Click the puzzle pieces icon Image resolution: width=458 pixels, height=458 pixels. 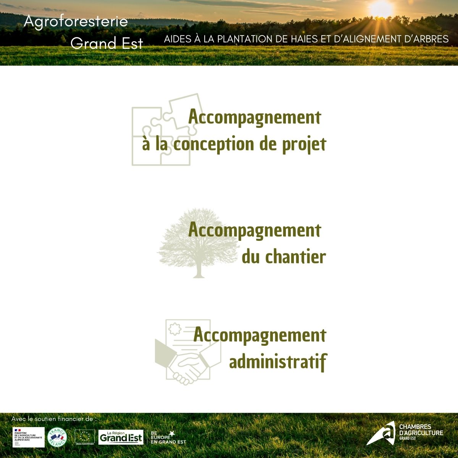tap(161, 130)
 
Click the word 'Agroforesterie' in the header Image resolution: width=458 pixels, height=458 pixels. tap(76, 21)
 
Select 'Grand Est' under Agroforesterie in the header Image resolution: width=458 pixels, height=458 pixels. tap(106, 44)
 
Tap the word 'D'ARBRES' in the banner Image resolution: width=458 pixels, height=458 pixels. tap(424, 39)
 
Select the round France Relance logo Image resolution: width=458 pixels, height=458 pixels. tap(57, 437)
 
